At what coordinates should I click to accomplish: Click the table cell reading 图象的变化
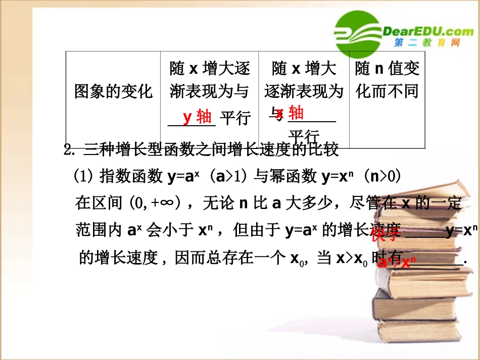(113, 92)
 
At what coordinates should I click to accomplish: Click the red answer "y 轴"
(198, 117)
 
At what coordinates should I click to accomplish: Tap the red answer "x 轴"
(290, 113)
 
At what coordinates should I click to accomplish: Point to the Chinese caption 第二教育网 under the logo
(427, 43)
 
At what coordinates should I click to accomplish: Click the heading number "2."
(70, 150)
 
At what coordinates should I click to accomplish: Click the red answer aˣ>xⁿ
(397, 262)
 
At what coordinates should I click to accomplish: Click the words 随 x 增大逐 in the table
(209, 68)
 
